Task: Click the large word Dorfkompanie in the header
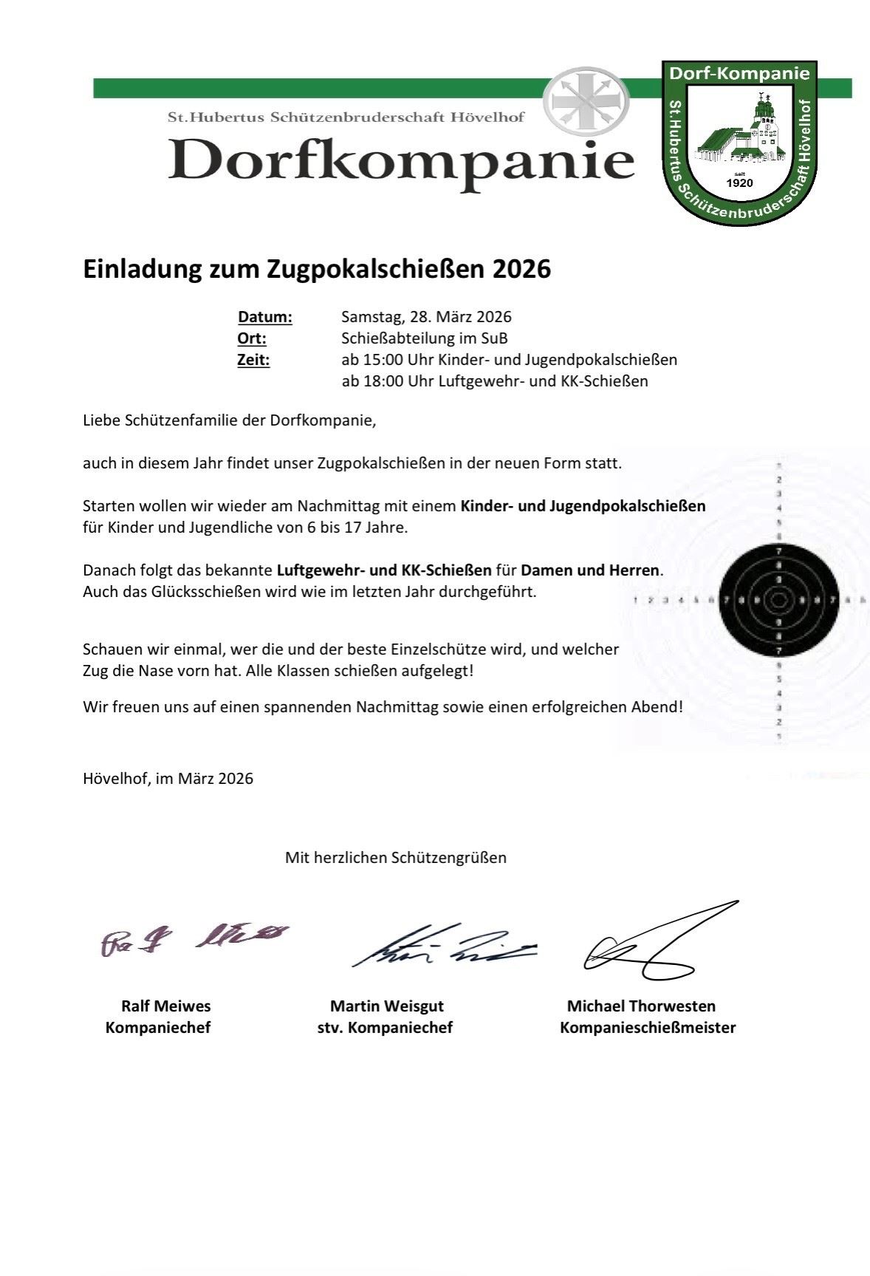(x=401, y=160)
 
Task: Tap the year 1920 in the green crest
(x=739, y=182)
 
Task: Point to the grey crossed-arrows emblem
(x=586, y=101)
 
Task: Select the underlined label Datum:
(x=265, y=317)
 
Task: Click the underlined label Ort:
(x=252, y=338)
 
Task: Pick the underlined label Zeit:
(x=253, y=360)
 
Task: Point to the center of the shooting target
(x=777, y=600)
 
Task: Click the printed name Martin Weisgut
(x=387, y=1006)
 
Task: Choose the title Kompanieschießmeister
(x=648, y=1027)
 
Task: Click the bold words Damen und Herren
(x=592, y=570)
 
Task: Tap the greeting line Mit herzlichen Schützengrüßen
(x=396, y=858)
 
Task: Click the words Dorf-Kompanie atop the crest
(x=739, y=73)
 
